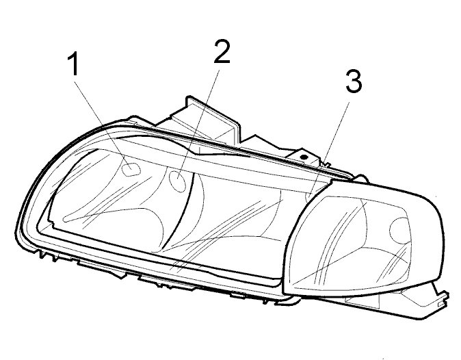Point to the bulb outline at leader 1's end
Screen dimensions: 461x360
tap(131, 167)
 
